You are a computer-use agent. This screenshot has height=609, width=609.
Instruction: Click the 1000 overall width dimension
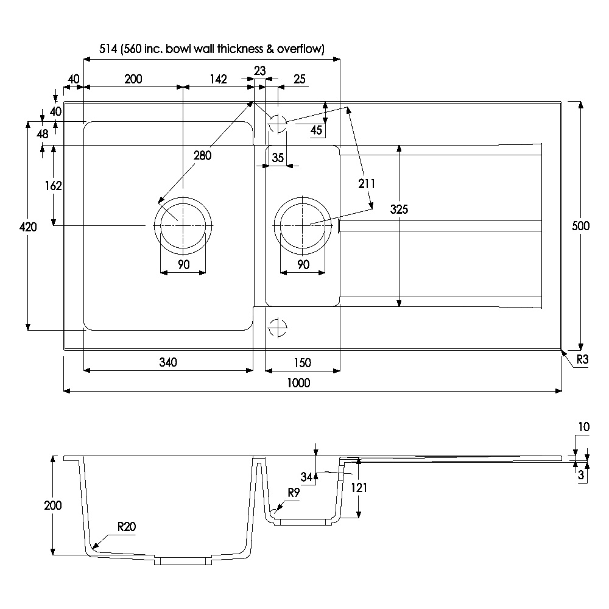point(298,383)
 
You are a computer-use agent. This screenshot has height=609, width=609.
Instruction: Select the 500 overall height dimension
point(580,226)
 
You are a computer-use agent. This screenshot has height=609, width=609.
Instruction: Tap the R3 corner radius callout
point(582,359)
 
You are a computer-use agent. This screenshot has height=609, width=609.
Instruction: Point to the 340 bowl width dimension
point(168,362)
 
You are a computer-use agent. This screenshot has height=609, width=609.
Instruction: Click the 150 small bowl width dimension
point(302,363)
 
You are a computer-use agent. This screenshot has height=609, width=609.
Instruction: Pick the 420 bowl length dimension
point(28,227)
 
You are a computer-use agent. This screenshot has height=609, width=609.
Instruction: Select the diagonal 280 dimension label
point(202,155)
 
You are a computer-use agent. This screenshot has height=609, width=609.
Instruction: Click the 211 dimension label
point(366,184)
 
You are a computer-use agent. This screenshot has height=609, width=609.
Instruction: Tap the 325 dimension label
point(399,209)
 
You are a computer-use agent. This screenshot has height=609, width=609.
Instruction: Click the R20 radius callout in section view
point(127,527)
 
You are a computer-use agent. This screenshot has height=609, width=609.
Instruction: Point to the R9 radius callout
point(294,493)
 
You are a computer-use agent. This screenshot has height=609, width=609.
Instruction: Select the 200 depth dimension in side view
point(53,505)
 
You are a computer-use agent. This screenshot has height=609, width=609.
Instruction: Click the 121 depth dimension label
point(359,487)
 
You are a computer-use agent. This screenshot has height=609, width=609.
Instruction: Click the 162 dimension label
point(53,186)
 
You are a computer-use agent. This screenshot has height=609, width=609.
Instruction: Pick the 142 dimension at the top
point(218,79)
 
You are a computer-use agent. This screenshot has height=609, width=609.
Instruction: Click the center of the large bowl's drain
point(183,226)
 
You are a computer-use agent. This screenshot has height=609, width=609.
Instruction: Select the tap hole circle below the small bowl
point(278,328)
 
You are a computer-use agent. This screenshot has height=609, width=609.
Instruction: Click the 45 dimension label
point(316,130)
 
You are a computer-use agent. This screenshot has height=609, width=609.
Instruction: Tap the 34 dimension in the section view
point(306,477)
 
